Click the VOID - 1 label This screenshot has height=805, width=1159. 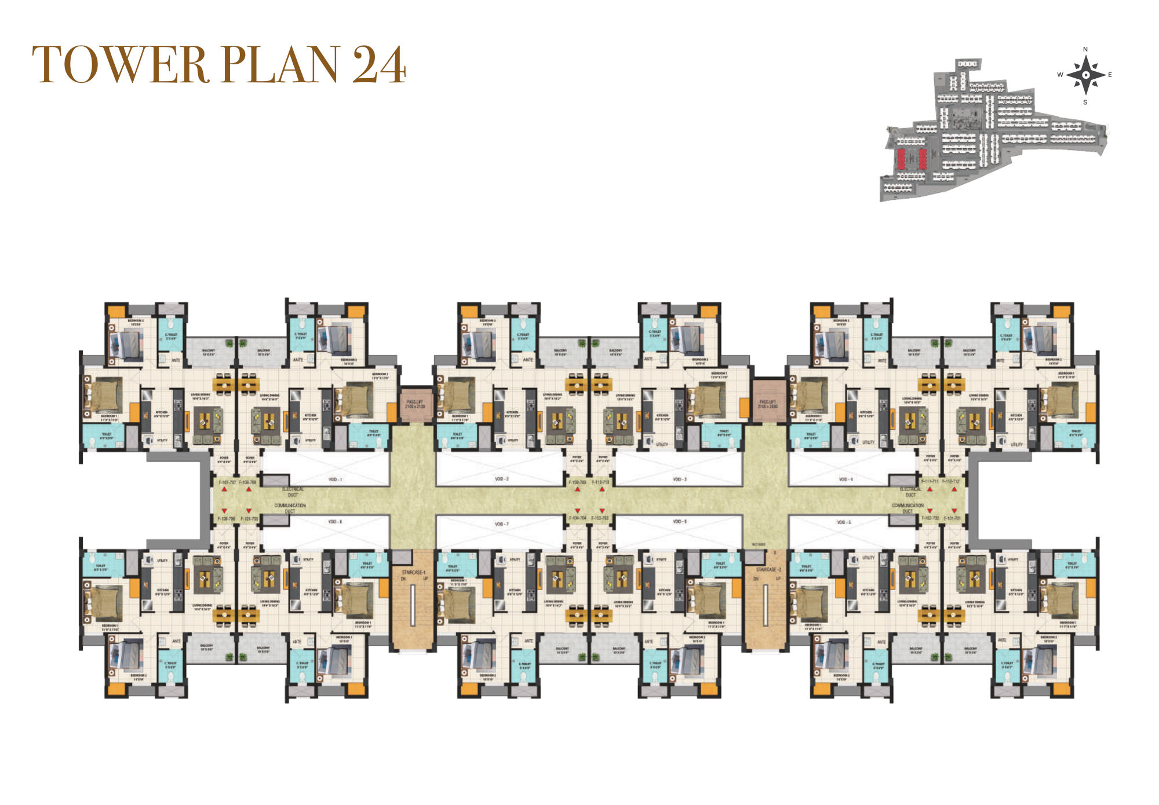[x=335, y=480]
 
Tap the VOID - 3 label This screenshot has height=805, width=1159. [x=679, y=480]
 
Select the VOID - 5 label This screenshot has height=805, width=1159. [x=844, y=522]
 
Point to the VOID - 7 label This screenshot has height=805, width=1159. [x=501, y=524]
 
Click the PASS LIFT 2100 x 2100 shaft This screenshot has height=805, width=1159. [x=415, y=404]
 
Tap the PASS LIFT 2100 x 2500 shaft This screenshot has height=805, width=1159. [x=768, y=404]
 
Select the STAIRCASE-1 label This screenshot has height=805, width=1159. [x=413, y=572]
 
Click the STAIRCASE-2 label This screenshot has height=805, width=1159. [x=768, y=570]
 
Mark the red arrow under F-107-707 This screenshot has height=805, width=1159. [x=224, y=489]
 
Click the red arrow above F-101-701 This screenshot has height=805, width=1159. [x=954, y=511]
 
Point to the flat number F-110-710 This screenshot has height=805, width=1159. [x=600, y=482]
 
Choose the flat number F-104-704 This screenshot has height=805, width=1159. [x=577, y=518]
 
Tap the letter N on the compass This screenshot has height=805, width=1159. [x=1085, y=50]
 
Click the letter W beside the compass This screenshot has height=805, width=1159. [x=1060, y=75]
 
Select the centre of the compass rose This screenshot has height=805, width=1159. [x=1085, y=75]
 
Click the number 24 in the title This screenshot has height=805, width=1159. [x=379, y=65]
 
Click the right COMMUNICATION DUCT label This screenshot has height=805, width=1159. [x=907, y=508]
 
